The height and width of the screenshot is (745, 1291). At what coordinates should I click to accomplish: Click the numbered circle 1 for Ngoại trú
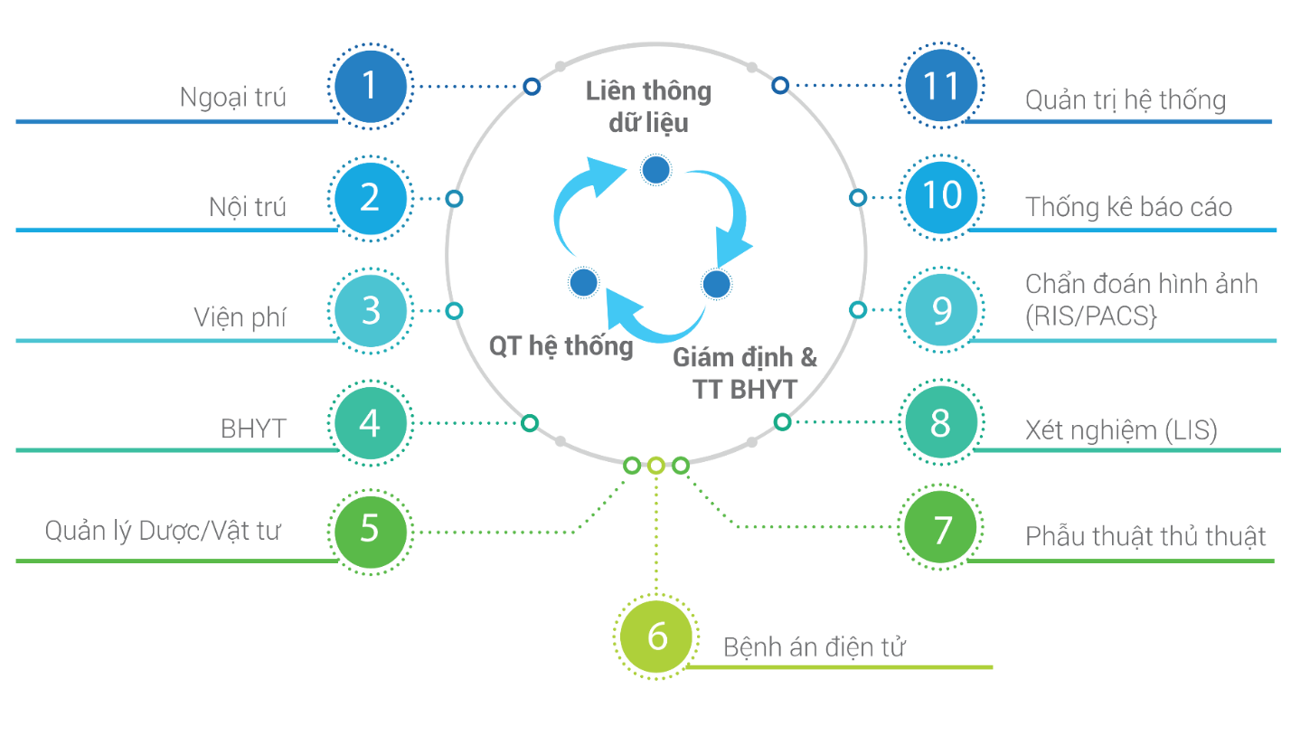[369, 86]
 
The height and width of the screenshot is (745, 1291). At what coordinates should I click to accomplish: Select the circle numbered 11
[941, 86]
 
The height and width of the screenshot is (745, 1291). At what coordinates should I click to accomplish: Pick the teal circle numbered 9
[941, 310]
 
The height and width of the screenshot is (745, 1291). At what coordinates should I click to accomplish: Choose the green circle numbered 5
[369, 530]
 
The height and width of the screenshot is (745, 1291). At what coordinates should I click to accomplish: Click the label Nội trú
[247, 207]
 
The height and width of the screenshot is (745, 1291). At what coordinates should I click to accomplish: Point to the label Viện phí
[240, 317]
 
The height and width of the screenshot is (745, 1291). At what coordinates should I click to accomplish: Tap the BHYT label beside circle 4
[253, 428]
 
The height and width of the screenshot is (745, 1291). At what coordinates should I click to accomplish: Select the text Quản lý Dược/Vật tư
[163, 532]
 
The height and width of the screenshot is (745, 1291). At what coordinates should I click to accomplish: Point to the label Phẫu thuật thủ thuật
[1145, 536]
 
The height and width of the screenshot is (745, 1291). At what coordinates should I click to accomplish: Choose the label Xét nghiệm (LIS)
[1121, 430]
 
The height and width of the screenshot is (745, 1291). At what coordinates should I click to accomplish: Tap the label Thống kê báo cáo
[1128, 207]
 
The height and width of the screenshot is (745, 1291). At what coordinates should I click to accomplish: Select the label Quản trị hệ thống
[1125, 99]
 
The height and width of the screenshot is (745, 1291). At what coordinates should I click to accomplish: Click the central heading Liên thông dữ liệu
[648, 106]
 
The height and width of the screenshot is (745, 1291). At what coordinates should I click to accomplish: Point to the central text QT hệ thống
[561, 345]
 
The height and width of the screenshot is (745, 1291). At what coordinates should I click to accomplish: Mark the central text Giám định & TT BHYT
[745, 372]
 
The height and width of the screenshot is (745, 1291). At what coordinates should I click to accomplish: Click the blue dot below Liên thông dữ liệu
[655, 169]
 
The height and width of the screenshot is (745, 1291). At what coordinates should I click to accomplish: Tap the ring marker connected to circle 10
[859, 197]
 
